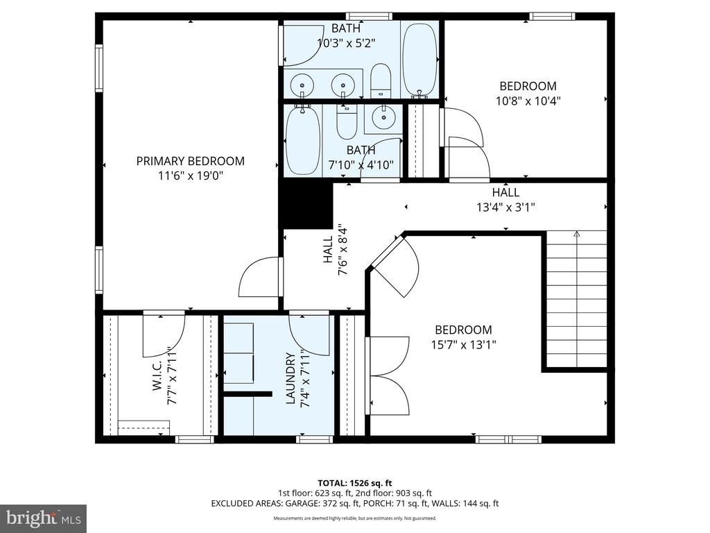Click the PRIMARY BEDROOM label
[190, 161]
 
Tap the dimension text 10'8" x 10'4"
[528, 101]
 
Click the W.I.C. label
[157, 378]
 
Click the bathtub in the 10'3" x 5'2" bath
[419, 58]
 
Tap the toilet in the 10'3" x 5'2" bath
[381, 81]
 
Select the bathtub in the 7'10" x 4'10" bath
[302, 141]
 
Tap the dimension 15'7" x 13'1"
[463, 344]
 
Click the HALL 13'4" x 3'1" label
[505, 199]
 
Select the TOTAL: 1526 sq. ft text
[354, 482]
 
